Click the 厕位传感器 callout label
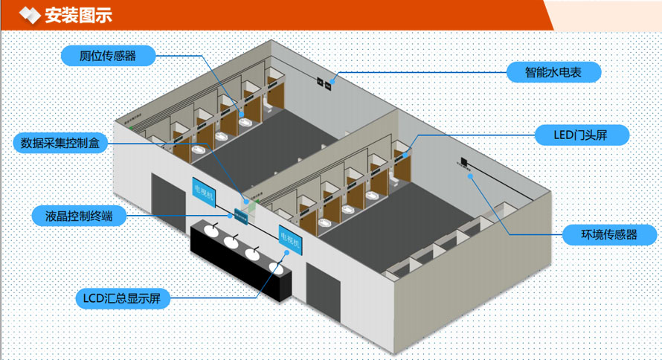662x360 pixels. click(x=108, y=55)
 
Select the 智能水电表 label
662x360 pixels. click(x=553, y=72)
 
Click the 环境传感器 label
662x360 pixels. click(x=609, y=234)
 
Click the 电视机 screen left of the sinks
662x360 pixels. click(x=203, y=194)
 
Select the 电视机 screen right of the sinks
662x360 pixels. click(x=288, y=240)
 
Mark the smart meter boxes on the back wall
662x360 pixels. click(x=324, y=82)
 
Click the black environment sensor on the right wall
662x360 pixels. click(x=463, y=161)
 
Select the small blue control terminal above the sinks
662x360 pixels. click(x=240, y=215)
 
